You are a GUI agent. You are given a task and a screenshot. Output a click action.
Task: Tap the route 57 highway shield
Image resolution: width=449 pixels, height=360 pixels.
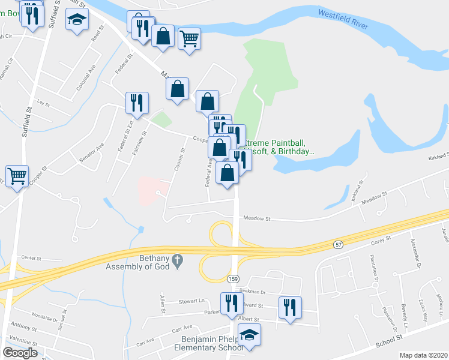click(338, 245)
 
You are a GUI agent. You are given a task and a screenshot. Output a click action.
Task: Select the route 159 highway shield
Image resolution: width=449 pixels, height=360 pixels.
click(234, 279)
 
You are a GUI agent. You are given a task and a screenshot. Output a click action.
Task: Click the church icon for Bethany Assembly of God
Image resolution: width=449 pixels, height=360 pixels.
click(177, 260)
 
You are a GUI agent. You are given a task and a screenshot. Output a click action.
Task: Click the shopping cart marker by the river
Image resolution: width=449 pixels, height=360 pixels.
click(189, 38)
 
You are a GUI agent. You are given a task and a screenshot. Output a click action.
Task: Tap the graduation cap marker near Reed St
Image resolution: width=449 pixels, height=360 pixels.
click(77, 20)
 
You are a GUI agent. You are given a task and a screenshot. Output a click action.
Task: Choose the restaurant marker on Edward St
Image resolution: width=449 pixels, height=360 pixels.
click(290, 307)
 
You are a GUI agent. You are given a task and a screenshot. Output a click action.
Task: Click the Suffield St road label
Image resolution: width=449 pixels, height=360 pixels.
click(28, 103)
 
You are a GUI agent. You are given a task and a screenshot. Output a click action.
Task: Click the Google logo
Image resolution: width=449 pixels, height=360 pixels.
click(20, 353)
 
